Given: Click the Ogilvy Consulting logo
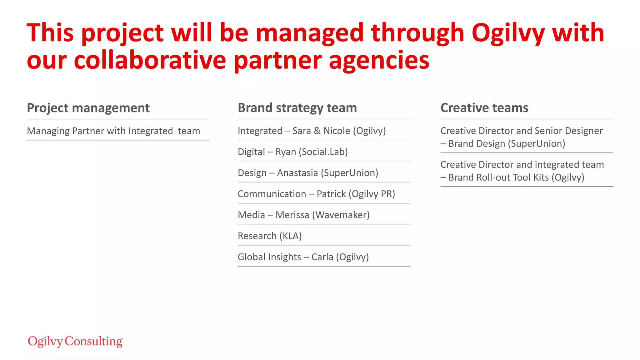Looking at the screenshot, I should (x=75, y=341).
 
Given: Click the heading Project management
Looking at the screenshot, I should (x=88, y=108).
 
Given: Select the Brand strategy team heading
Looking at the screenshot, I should (x=297, y=108).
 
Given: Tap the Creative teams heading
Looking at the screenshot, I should (x=484, y=108).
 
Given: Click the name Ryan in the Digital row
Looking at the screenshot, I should (x=286, y=152).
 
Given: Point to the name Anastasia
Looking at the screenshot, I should (x=297, y=173).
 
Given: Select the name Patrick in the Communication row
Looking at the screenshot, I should (x=331, y=194).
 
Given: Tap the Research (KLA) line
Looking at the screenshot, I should (x=270, y=236).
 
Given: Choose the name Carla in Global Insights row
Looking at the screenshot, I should (x=322, y=257).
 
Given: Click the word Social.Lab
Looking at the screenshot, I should (x=323, y=152).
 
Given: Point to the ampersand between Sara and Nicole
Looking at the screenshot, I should (x=317, y=131).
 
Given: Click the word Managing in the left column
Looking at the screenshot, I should (x=48, y=131).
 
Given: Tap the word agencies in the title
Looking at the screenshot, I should (x=379, y=61).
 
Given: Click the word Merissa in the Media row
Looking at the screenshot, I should (x=292, y=215).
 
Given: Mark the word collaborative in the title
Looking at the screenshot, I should (x=150, y=60).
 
